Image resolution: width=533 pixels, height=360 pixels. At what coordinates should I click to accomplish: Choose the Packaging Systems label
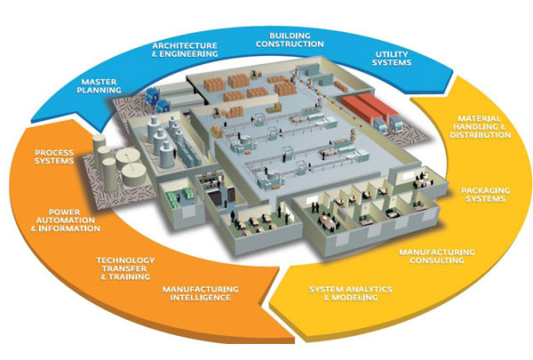pos(483,194)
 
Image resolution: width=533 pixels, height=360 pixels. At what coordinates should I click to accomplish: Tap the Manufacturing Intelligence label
pos(201,294)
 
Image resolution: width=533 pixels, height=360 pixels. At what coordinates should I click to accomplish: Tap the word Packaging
pos(483,189)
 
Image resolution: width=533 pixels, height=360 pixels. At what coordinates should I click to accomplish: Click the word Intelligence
pos(201,299)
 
